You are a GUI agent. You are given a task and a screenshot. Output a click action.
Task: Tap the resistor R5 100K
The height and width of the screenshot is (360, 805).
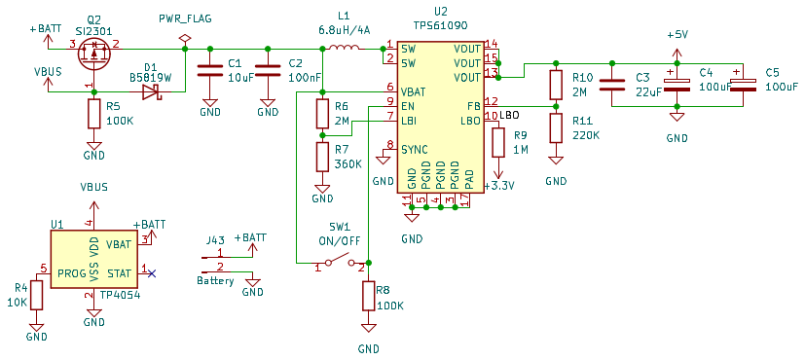click(x=94, y=114)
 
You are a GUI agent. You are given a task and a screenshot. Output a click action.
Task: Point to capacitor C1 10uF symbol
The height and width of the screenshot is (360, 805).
click(x=208, y=71)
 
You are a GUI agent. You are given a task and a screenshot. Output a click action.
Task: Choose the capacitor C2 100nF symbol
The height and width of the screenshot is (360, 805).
click(x=268, y=71)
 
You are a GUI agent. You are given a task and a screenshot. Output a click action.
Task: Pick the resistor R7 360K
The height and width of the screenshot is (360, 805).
click(x=322, y=156)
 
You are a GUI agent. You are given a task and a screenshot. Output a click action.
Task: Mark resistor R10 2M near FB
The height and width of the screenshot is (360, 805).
click(x=556, y=85)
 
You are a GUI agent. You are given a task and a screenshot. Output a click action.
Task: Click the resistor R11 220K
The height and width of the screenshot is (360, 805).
click(x=556, y=126)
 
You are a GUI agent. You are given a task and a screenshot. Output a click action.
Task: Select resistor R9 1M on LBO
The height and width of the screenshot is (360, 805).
click(x=499, y=142)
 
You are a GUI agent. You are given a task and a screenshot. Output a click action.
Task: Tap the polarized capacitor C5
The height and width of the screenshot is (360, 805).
click(x=744, y=86)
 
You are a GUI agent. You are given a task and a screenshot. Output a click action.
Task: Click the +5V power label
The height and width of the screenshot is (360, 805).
click(x=677, y=34)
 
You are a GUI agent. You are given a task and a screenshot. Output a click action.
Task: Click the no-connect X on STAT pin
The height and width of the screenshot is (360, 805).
click(x=152, y=272)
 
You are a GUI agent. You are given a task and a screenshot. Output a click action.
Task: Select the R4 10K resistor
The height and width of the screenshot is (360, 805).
click(x=36, y=295)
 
